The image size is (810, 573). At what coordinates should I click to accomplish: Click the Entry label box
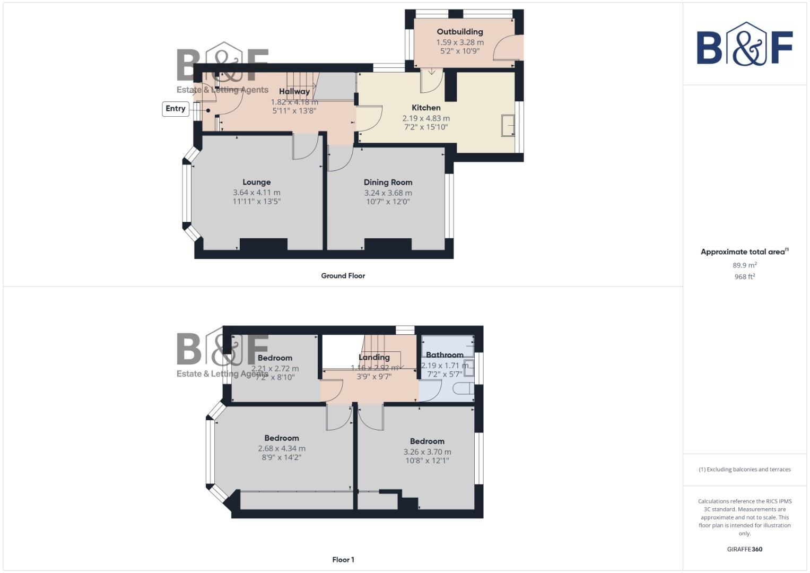176,109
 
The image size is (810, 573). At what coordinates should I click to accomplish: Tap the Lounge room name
257,182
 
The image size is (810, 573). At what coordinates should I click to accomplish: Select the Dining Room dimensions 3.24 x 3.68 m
388,193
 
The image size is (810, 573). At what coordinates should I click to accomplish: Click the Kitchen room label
426,108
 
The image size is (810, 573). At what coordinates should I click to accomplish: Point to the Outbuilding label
460,32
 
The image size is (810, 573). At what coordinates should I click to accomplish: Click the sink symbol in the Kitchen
508,126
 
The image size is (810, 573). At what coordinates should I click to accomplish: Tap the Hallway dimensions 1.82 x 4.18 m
294,102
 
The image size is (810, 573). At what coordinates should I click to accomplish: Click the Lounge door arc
306,147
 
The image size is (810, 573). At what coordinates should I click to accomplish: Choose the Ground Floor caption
343,276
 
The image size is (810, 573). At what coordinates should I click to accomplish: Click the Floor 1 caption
343,560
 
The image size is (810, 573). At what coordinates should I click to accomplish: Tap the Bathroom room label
445,355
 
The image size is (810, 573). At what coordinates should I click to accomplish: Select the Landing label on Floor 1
374,357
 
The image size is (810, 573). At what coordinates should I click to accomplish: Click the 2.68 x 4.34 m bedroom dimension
282,448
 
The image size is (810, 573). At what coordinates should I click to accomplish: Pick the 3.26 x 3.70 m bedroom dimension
427,452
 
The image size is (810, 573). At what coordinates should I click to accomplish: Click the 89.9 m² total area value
744,265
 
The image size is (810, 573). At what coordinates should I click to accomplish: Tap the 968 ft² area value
744,276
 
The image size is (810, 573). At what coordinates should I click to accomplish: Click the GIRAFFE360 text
744,549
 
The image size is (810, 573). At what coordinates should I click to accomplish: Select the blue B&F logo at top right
744,45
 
